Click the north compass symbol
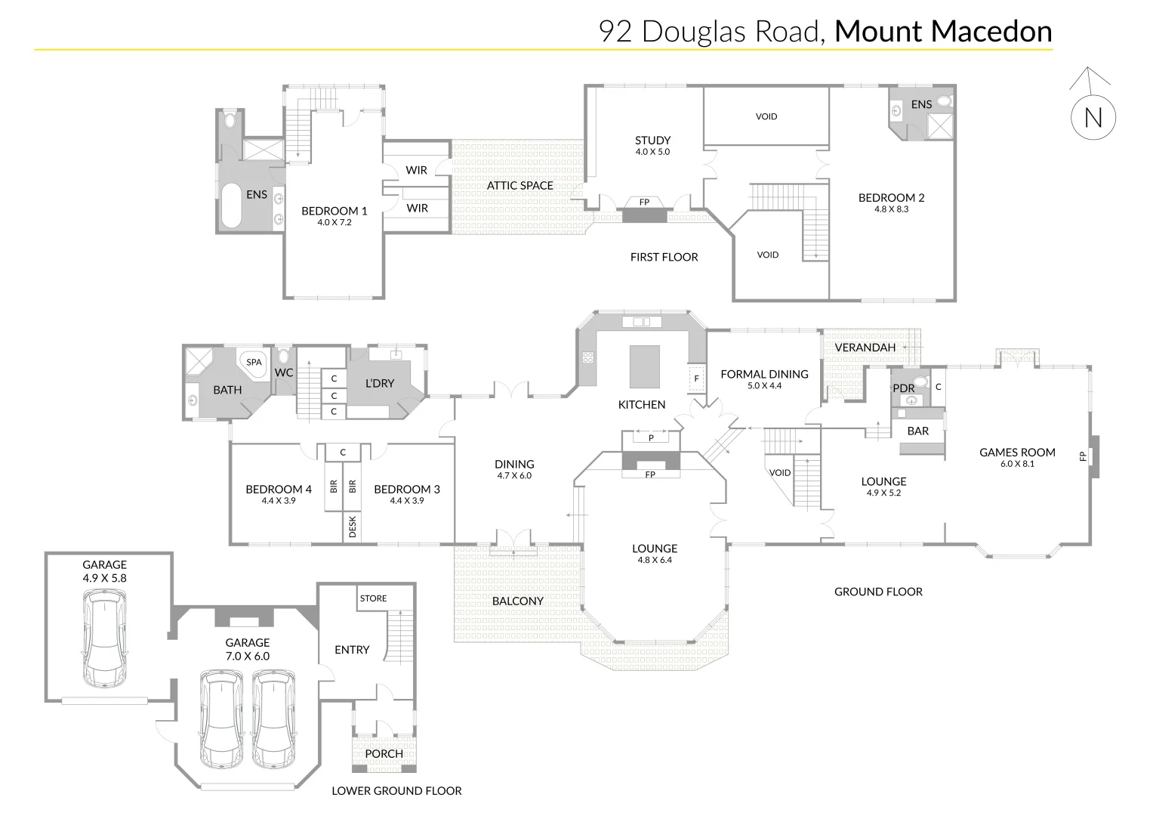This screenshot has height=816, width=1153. click(x=1093, y=117)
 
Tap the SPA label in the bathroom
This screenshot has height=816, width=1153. click(x=254, y=362)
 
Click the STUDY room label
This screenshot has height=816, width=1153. click(x=652, y=141)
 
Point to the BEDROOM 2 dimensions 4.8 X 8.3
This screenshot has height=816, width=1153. click(x=891, y=209)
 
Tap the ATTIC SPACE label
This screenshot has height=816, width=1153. click(x=519, y=185)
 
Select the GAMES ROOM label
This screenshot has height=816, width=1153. click(x=1017, y=453)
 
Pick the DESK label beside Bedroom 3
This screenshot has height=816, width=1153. click(x=352, y=527)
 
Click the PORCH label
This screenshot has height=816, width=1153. click(x=384, y=753)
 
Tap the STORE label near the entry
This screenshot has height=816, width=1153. click(x=373, y=598)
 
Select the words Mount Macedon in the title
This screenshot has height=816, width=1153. click(x=943, y=31)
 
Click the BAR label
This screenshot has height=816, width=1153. click(x=917, y=431)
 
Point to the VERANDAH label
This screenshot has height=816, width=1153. click(x=865, y=348)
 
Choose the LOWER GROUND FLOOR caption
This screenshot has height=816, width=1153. click(x=396, y=791)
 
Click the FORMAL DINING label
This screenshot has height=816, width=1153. click(x=764, y=374)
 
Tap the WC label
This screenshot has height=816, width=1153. click(x=284, y=372)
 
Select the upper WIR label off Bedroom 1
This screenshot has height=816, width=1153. click(x=417, y=170)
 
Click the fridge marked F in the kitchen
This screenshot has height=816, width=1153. click(x=696, y=378)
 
